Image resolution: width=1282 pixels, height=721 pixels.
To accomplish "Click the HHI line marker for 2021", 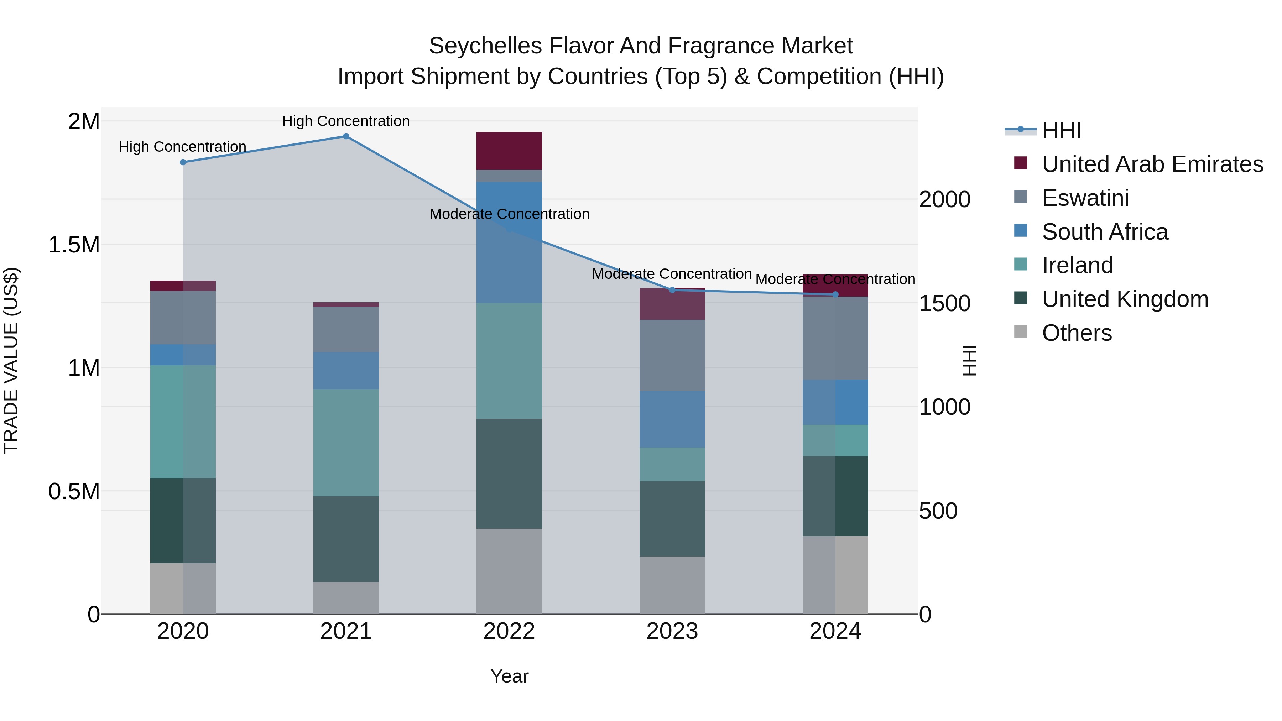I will (346, 136).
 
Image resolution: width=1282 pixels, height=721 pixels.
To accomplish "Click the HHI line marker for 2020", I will (183, 162).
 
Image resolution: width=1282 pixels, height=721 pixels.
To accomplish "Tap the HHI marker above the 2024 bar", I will (835, 294).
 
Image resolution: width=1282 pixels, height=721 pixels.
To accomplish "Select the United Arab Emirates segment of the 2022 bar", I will (509, 151).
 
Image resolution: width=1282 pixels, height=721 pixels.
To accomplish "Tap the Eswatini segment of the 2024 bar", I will (835, 338).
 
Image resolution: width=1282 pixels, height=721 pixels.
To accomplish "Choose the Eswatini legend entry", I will (1085, 198).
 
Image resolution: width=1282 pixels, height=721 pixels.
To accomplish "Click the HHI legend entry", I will (1061, 130).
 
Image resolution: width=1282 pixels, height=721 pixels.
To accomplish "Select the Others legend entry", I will (1077, 333).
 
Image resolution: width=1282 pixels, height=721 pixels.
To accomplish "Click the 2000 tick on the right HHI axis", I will (944, 199).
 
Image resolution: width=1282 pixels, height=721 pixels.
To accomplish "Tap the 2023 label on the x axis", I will (672, 631).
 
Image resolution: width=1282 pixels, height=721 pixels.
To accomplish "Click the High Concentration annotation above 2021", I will (346, 121).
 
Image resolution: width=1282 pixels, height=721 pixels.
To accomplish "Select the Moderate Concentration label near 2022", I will (509, 214).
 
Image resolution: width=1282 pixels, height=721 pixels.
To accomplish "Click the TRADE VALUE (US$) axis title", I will (11, 360).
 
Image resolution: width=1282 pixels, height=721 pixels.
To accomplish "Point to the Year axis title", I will (509, 676).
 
